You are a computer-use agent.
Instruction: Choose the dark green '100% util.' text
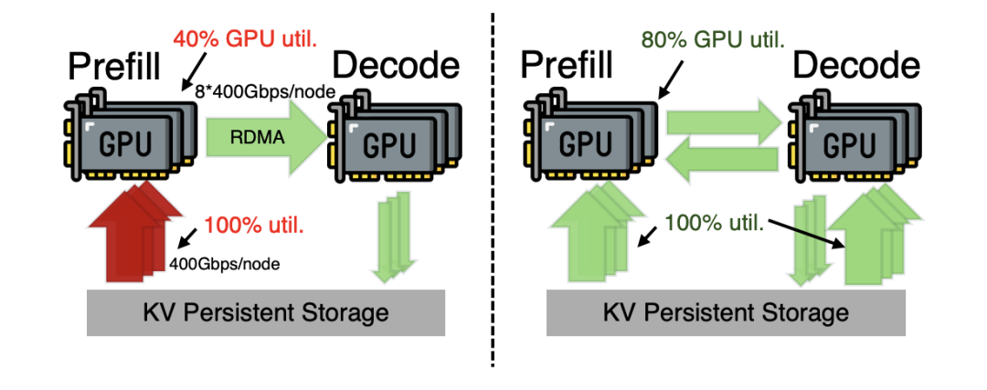(x=715, y=222)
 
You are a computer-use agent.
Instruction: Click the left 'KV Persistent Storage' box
(x=266, y=313)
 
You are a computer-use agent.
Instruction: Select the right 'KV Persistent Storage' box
(x=726, y=313)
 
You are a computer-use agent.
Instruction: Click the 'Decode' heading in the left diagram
(x=395, y=66)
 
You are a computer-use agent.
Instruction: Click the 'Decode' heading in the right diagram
(x=855, y=66)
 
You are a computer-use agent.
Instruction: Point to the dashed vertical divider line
(x=494, y=192)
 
